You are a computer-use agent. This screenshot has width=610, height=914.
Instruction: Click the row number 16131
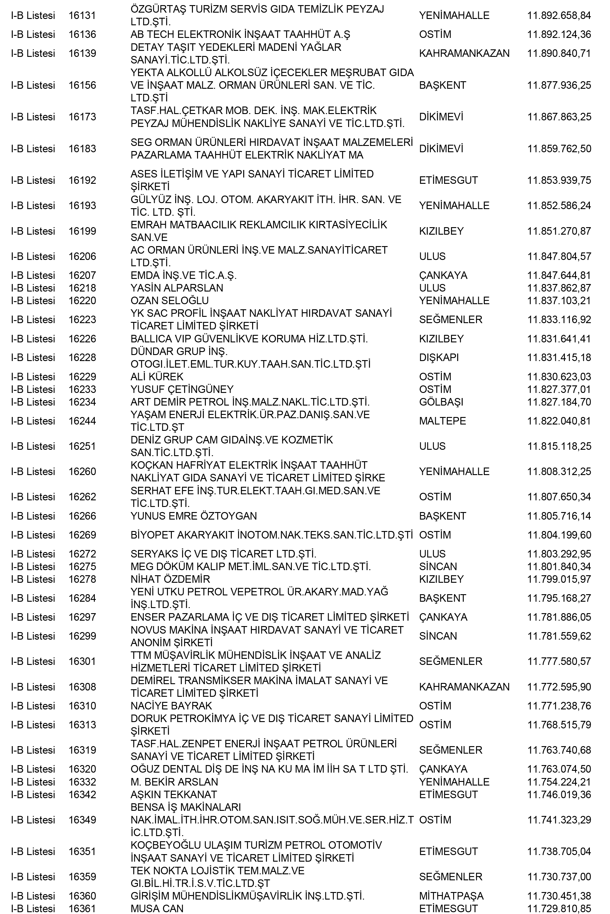tap(82, 16)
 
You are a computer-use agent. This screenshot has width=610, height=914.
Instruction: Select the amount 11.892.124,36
tap(559, 35)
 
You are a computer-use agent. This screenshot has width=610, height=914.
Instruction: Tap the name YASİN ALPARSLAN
tap(177, 288)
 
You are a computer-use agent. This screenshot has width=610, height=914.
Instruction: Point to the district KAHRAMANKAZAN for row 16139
tap(464, 53)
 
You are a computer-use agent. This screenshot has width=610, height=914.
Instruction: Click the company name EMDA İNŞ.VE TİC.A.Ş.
tap(183, 275)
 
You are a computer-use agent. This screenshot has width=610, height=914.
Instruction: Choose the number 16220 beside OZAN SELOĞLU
tap(82, 301)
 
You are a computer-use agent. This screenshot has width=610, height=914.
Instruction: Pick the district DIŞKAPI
tap(439, 357)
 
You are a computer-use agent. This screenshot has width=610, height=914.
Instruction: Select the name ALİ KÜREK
tap(157, 377)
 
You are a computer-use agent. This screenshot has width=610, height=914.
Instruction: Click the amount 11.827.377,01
tap(559, 389)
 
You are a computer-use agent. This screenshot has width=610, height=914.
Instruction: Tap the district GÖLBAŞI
tap(441, 402)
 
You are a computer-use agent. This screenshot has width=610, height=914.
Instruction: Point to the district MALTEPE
tap(442, 421)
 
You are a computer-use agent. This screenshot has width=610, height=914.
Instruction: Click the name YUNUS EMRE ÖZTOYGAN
tap(194, 516)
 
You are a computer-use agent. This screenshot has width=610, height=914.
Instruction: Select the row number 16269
tap(82, 535)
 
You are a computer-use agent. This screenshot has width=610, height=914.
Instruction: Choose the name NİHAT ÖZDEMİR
tap(170, 579)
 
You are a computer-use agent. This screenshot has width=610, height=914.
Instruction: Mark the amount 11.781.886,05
tap(559, 617)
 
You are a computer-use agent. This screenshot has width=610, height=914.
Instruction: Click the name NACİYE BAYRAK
tap(171, 706)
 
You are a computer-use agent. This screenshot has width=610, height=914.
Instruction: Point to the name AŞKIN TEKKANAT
tap(174, 795)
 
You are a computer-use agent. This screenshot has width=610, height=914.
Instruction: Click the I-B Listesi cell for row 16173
tap(33, 117)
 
